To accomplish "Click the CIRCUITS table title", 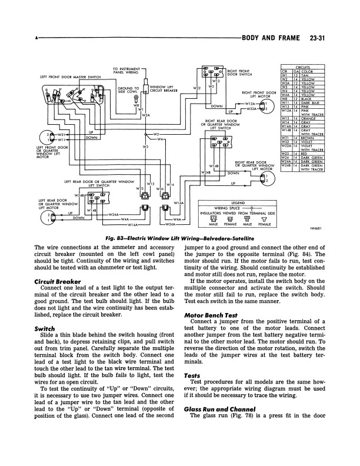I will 302,67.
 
